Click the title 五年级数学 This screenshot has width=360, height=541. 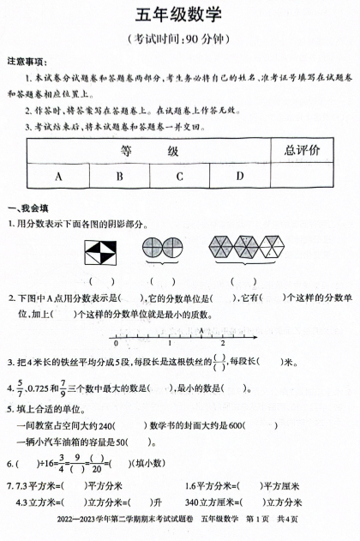[x=179, y=15]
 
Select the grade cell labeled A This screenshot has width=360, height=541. [x=59, y=177]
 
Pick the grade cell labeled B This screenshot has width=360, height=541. [x=119, y=177]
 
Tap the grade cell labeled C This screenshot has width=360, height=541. [x=180, y=177]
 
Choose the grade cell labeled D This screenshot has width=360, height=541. [x=240, y=177]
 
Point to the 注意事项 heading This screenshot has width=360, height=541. [x=27, y=63]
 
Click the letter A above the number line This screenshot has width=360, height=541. [x=201, y=329]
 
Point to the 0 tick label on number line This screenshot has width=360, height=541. [x=116, y=344]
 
